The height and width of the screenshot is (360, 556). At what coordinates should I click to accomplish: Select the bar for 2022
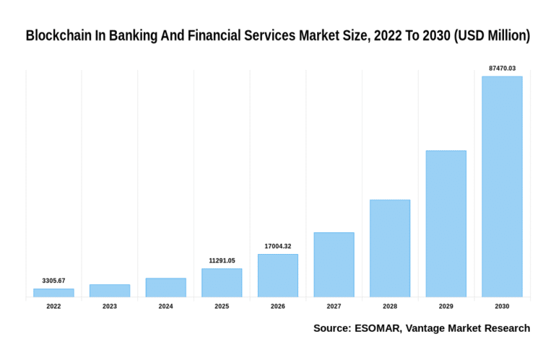click(x=53, y=292)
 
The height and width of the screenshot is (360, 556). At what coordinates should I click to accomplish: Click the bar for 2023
click(x=110, y=290)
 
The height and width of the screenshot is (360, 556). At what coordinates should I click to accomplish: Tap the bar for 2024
click(x=165, y=287)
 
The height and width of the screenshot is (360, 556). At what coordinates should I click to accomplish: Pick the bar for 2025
click(x=222, y=282)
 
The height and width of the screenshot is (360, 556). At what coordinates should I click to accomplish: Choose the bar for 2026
click(x=278, y=275)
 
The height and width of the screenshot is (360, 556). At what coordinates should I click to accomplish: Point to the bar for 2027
click(x=334, y=264)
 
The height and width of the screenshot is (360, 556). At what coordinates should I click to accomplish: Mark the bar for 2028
click(x=390, y=248)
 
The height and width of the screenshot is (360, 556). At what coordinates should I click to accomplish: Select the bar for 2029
click(x=446, y=224)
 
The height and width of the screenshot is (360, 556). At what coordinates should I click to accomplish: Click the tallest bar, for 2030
click(x=502, y=186)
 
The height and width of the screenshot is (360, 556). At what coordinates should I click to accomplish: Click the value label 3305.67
click(x=53, y=280)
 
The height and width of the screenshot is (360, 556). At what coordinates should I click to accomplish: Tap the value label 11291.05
click(x=222, y=260)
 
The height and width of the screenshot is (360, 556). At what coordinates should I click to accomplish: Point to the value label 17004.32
click(x=278, y=246)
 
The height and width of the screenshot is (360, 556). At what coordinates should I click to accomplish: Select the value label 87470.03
click(x=502, y=68)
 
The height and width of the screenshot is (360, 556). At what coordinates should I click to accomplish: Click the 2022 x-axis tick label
click(x=53, y=307)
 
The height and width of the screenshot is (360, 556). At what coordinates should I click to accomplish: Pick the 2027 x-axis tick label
click(x=334, y=307)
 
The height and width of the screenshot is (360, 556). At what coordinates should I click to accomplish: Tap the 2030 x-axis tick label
click(x=502, y=307)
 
